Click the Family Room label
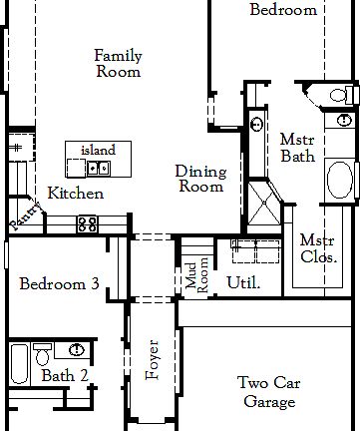tap(117, 63)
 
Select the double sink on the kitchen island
tap(98, 167)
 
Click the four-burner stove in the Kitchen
tap(88, 223)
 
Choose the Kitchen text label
tap(75, 193)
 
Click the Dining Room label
tap(199, 179)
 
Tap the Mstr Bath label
tap(297, 148)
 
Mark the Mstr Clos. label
tap(317, 248)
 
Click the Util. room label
tap(243, 282)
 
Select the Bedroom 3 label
tap(59, 284)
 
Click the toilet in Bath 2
tap(42, 354)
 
